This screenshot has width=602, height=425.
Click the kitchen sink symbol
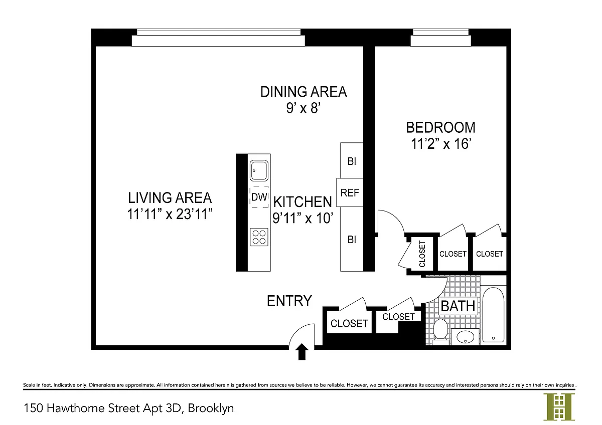coord(259,170)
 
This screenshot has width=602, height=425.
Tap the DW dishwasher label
coord(259,197)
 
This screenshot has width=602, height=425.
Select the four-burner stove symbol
coord(259,237)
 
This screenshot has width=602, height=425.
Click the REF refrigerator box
coord(350,192)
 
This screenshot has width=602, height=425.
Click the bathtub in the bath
coord(493,315)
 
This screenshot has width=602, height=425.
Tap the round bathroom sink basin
coord(465,337)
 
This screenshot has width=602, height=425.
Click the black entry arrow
coord(302,351)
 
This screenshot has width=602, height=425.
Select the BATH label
coord(458,306)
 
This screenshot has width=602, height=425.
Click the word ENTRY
coord(289,301)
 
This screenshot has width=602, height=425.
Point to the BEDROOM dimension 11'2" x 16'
coord(441,144)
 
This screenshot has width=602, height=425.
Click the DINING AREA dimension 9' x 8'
coord(304,108)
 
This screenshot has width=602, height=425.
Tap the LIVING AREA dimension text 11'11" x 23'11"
coord(170,214)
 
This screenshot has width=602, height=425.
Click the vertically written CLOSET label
coord(422,254)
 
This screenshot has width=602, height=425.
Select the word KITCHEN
coord(303,202)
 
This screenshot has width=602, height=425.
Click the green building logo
coord(559,407)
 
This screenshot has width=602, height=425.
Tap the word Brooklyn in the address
coord(211,408)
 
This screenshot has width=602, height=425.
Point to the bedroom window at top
coord(441,37)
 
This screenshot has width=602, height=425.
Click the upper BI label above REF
coord(352,161)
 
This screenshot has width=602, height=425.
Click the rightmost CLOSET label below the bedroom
coord(490,254)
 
